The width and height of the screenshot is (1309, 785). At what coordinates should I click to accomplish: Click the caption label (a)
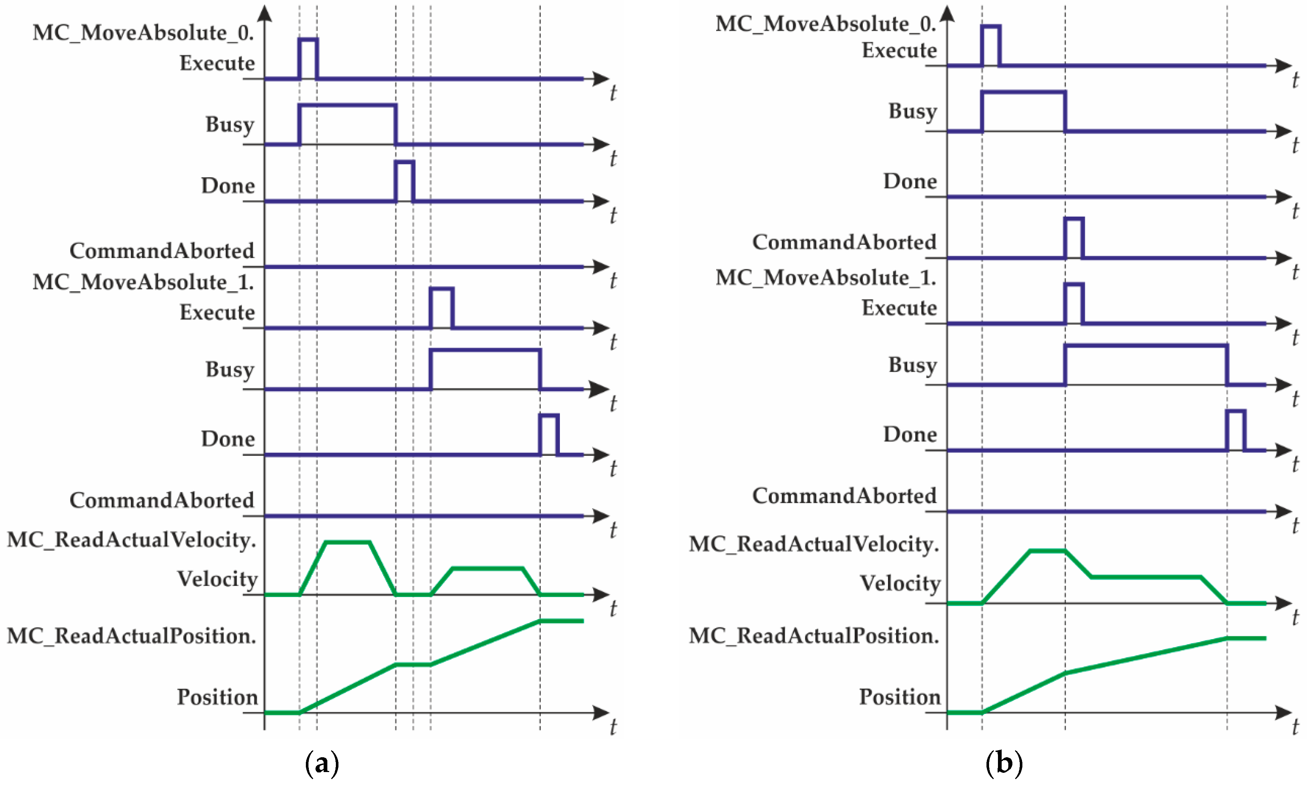(x=322, y=763)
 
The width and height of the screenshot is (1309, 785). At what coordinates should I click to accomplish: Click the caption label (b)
(x=1004, y=763)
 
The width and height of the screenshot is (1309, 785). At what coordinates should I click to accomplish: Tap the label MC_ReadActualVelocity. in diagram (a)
(x=131, y=540)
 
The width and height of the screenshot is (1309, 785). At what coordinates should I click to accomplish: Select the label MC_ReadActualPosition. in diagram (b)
(x=814, y=635)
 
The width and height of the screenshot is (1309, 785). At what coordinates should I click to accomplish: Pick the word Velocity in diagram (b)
(x=899, y=583)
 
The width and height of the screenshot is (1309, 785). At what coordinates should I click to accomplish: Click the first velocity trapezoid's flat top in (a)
(x=348, y=542)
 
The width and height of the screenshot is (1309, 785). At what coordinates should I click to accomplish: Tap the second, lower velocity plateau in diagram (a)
(x=487, y=568)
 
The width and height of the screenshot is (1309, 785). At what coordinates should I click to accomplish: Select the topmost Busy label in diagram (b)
(x=912, y=111)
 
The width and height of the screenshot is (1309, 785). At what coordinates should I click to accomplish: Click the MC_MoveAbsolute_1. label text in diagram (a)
(x=143, y=282)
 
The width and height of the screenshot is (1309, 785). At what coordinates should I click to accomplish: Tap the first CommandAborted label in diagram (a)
(x=162, y=251)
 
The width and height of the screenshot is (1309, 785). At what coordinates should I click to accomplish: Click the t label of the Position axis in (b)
(x=1295, y=727)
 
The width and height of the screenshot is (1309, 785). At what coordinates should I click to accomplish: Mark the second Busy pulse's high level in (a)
(x=485, y=350)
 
